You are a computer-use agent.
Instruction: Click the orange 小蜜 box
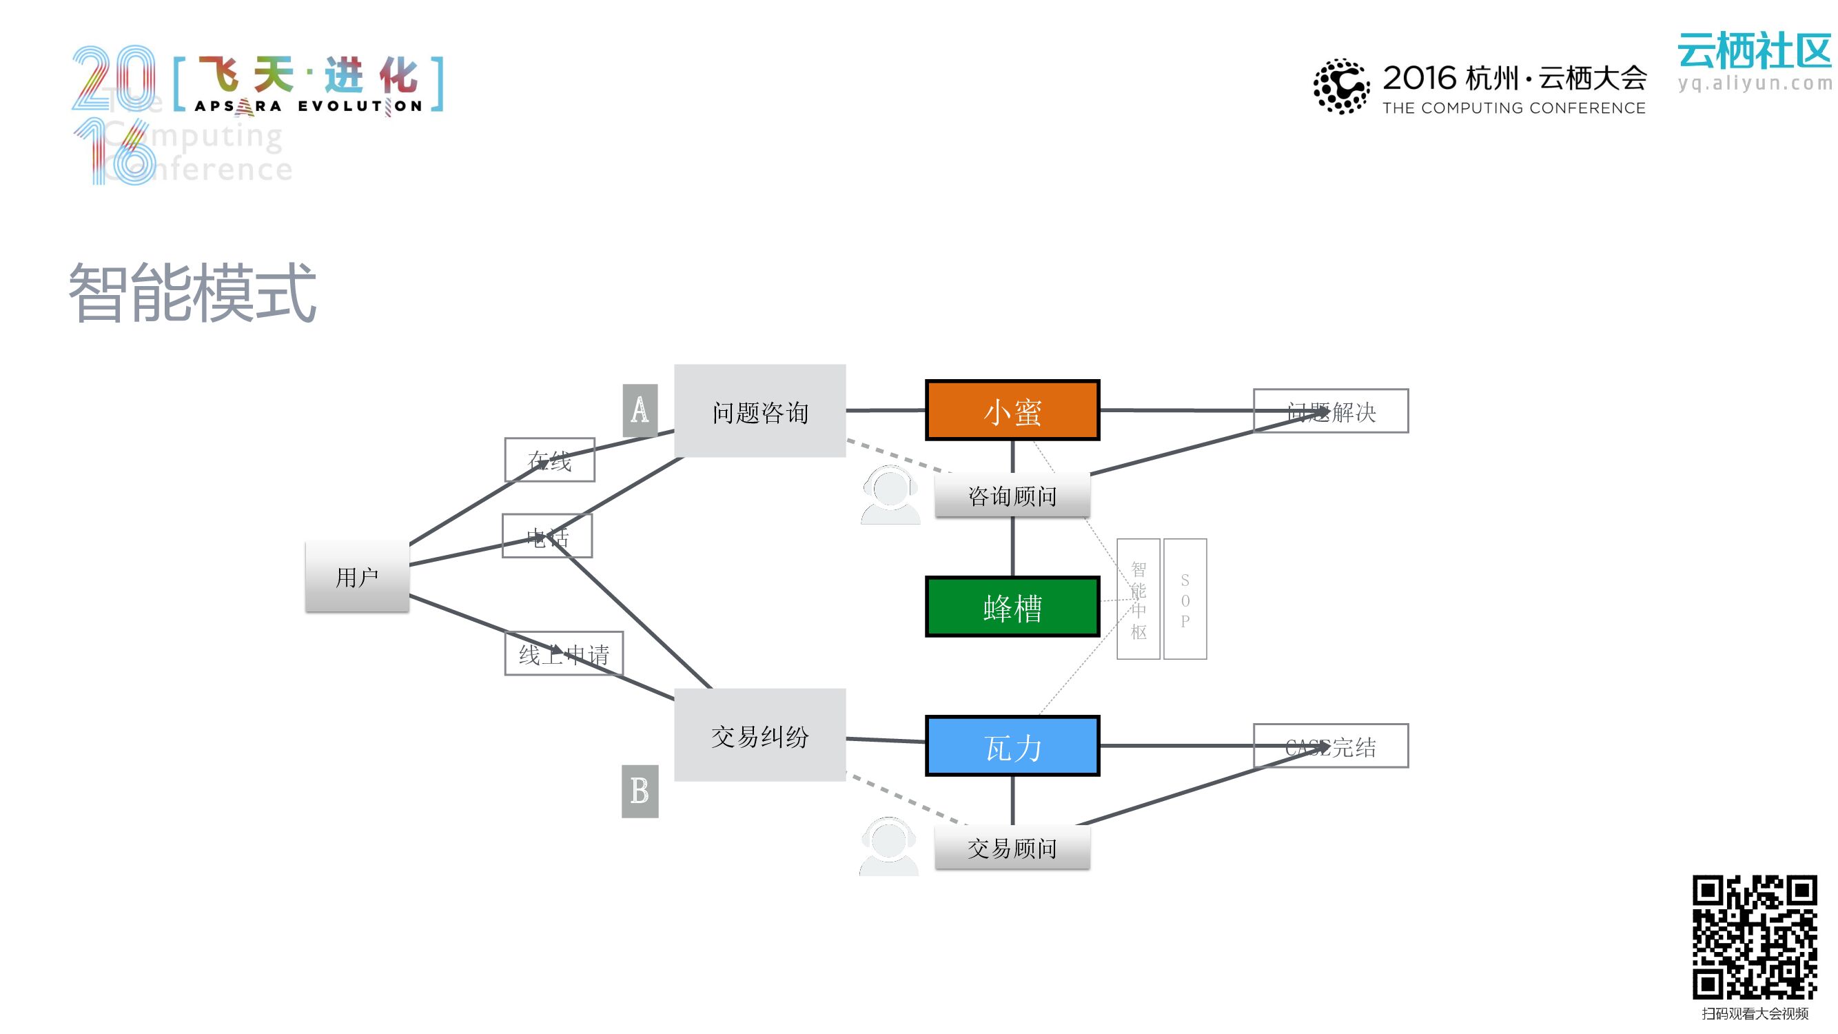1012,410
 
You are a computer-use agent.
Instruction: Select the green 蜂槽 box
1012,607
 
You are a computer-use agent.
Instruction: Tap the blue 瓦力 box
1012,746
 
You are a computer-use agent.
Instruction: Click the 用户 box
357,576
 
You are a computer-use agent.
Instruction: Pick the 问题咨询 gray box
759,411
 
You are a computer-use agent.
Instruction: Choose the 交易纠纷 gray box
759,735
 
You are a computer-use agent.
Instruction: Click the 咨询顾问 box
1012,495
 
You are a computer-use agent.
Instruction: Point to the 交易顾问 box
1012,848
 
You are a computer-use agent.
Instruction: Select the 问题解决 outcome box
1330,411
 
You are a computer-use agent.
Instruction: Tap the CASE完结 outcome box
1330,746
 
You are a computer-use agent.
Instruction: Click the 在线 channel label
549,460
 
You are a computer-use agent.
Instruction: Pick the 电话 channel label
547,536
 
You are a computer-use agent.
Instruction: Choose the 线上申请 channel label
564,653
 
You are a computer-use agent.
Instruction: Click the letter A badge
640,410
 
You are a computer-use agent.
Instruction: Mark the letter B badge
640,791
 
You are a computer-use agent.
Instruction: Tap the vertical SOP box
1185,600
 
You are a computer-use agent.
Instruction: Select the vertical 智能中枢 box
1138,600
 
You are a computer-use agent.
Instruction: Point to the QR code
1755,937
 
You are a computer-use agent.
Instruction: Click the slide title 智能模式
193,292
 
